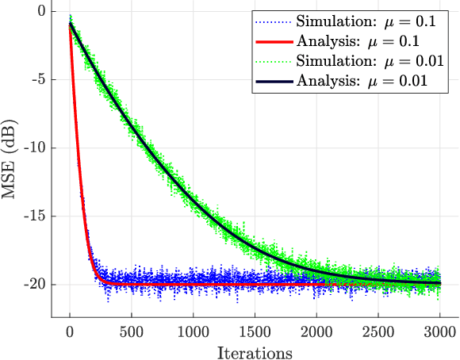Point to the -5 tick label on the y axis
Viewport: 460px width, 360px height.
tap(36, 79)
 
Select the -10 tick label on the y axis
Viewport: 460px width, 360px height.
tap(33, 147)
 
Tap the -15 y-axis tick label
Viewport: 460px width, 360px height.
tap(33, 216)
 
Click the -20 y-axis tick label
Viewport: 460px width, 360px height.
tap(33, 284)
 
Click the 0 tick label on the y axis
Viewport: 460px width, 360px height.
tap(40, 11)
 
